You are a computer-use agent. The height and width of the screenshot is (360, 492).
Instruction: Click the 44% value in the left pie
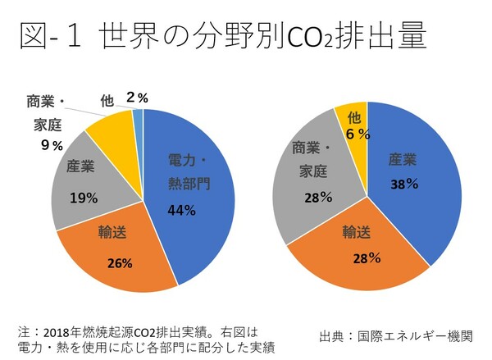[x=181, y=210]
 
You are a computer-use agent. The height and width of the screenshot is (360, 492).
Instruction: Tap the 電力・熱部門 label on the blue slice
[x=189, y=170]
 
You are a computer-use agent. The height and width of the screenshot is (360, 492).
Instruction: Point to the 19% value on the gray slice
[x=84, y=198]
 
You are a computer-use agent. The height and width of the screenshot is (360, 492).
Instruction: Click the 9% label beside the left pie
[x=52, y=146]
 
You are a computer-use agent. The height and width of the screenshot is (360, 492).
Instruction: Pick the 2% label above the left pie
[x=137, y=98]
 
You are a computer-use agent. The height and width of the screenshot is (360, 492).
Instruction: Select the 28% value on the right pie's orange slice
[x=362, y=257]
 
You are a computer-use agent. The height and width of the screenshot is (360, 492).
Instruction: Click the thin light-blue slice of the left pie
[x=138, y=116]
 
